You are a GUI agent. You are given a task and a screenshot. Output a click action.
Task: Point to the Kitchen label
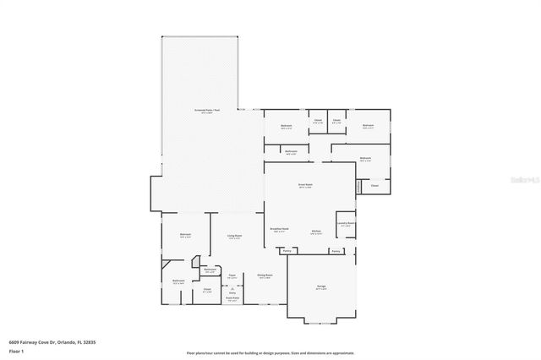(316, 231)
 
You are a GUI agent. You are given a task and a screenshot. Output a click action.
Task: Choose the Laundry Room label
(345, 225)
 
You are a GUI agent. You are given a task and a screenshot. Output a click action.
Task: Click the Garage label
(321, 287)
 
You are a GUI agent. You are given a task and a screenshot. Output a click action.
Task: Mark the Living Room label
(234, 237)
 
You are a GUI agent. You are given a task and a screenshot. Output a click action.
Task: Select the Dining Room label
(264, 276)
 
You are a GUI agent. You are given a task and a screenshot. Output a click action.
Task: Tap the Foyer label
(232, 275)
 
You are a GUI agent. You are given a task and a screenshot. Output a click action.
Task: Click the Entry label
(232, 292)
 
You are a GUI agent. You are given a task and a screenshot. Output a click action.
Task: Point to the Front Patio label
(232, 298)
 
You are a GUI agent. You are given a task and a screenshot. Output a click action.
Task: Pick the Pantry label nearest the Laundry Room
(336, 251)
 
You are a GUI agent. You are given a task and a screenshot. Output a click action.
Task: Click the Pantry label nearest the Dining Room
(287, 251)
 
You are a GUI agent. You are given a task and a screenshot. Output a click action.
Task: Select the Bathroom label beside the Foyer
(210, 270)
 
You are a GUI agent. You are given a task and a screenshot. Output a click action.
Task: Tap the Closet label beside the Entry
(207, 290)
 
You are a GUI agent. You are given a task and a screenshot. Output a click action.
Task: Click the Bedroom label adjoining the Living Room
(185, 235)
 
